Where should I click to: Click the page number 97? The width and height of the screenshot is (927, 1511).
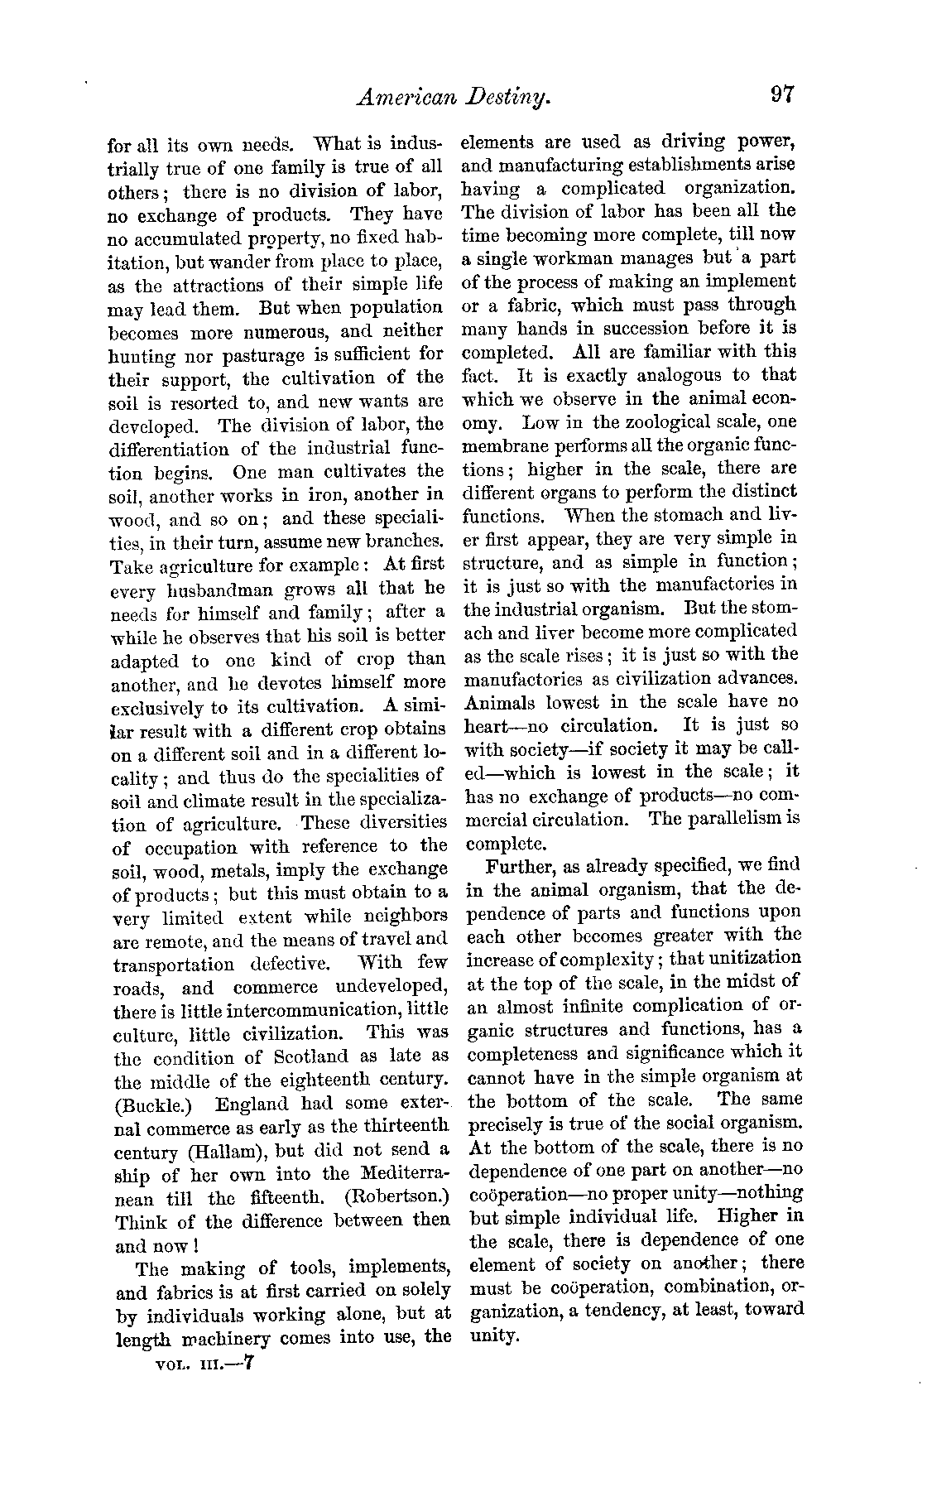click(x=781, y=93)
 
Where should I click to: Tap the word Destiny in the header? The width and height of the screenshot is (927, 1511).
click(x=497, y=99)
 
